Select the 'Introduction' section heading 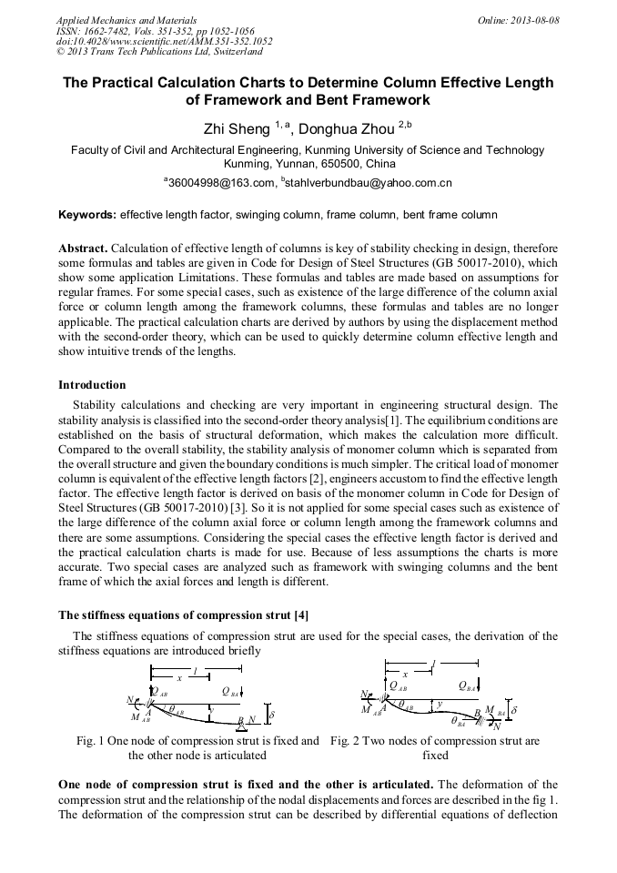tap(92, 385)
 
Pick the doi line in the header tap(164, 41)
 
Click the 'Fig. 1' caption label tap(90, 741)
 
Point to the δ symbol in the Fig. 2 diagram tap(514, 709)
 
